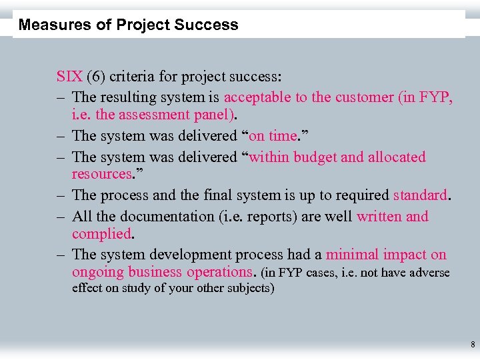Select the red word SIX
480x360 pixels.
69,76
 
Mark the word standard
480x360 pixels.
421,195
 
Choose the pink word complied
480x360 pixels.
101,234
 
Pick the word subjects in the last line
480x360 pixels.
247,289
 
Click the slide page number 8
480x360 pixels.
472,345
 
